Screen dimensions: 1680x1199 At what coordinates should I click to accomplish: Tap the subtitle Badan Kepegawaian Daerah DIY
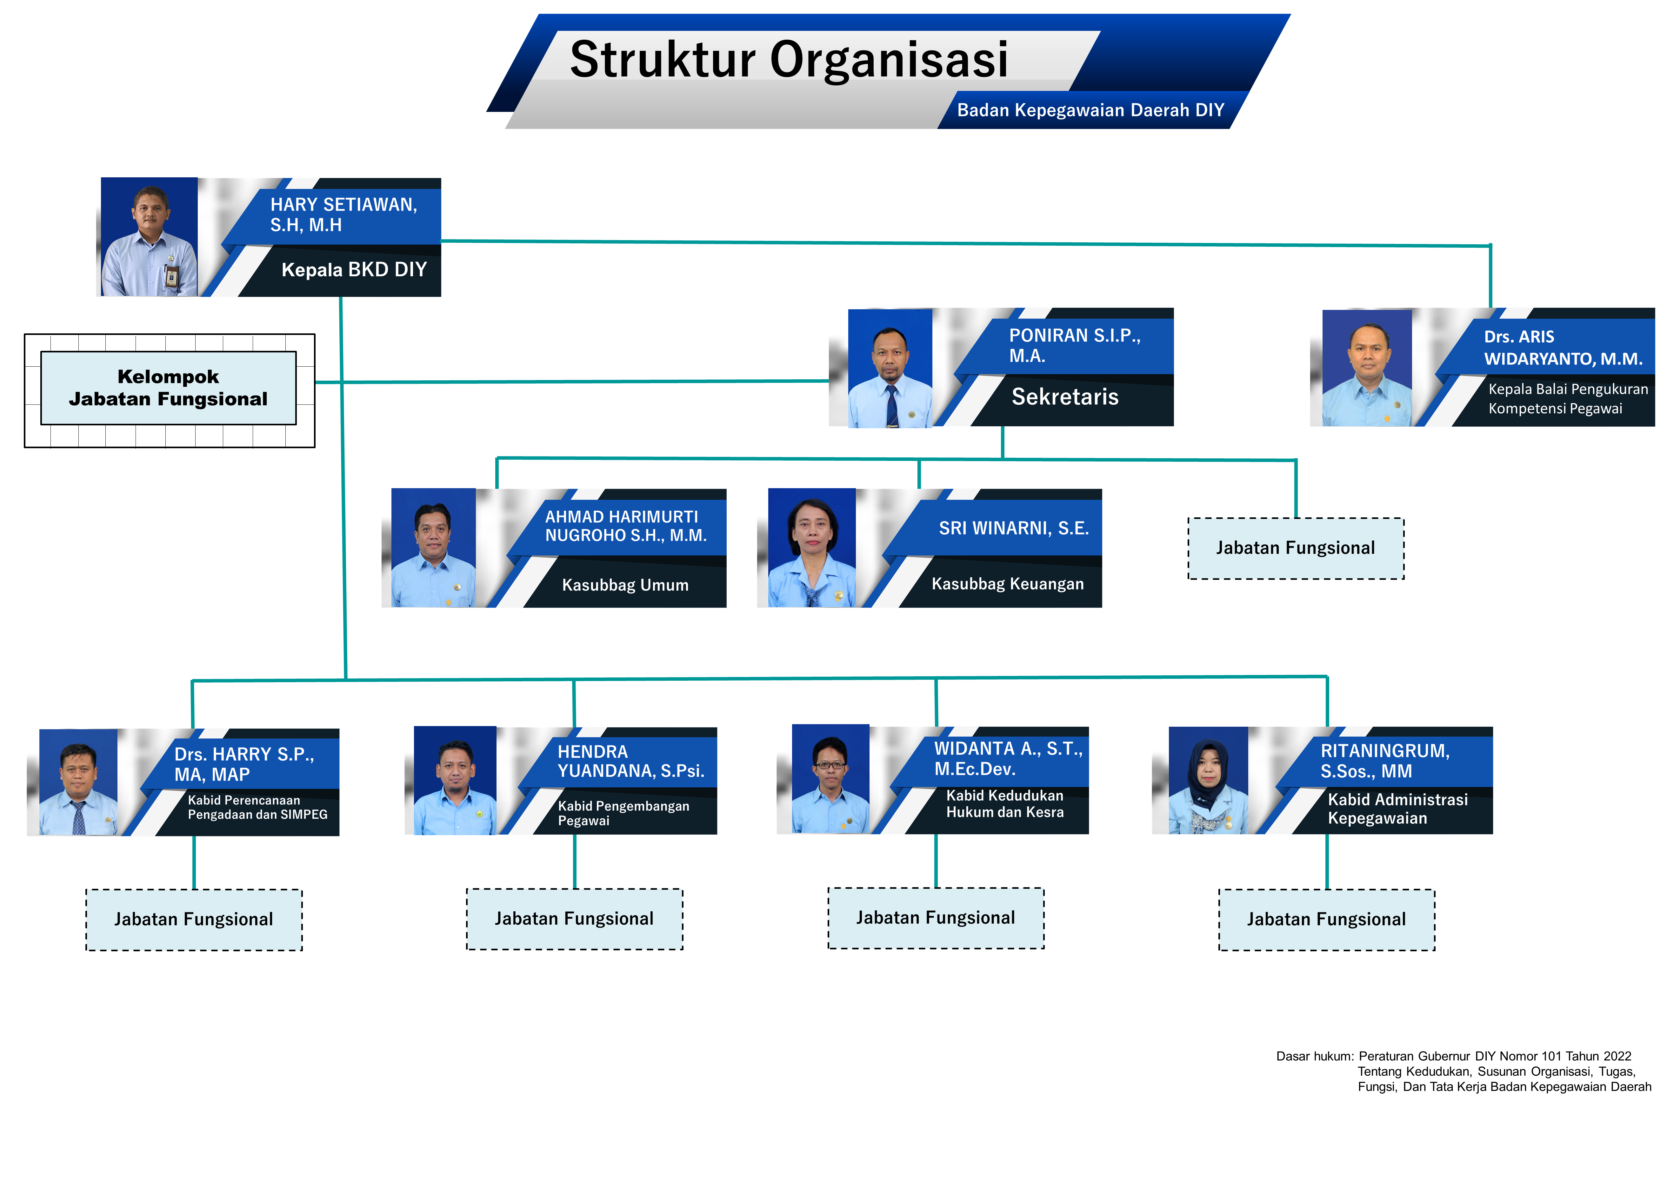click(x=1090, y=110)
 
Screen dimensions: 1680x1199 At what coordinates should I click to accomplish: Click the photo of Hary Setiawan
click(x=149, y=237)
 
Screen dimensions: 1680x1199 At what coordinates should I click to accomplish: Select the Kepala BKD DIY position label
click(x=354, y=270)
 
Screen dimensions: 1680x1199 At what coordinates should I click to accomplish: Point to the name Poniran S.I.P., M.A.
click(x=1075, y=345)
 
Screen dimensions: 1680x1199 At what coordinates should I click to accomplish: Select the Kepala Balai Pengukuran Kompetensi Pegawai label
click(x=1568, y=399)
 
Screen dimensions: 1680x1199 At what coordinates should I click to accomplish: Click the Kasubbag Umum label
click(x=625, y=585)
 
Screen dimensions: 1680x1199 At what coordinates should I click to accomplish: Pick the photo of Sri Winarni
click(x=812, y=548)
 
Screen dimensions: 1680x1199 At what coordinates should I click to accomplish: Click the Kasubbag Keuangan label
click(x=1008, y=584)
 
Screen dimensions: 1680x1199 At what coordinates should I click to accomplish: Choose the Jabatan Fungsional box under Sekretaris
click(x=1296, y=548)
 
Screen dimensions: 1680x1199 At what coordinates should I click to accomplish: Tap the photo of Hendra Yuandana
click(x=455, y=780)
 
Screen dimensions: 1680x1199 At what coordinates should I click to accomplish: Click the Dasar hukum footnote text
click(x=1463, y=1071)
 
